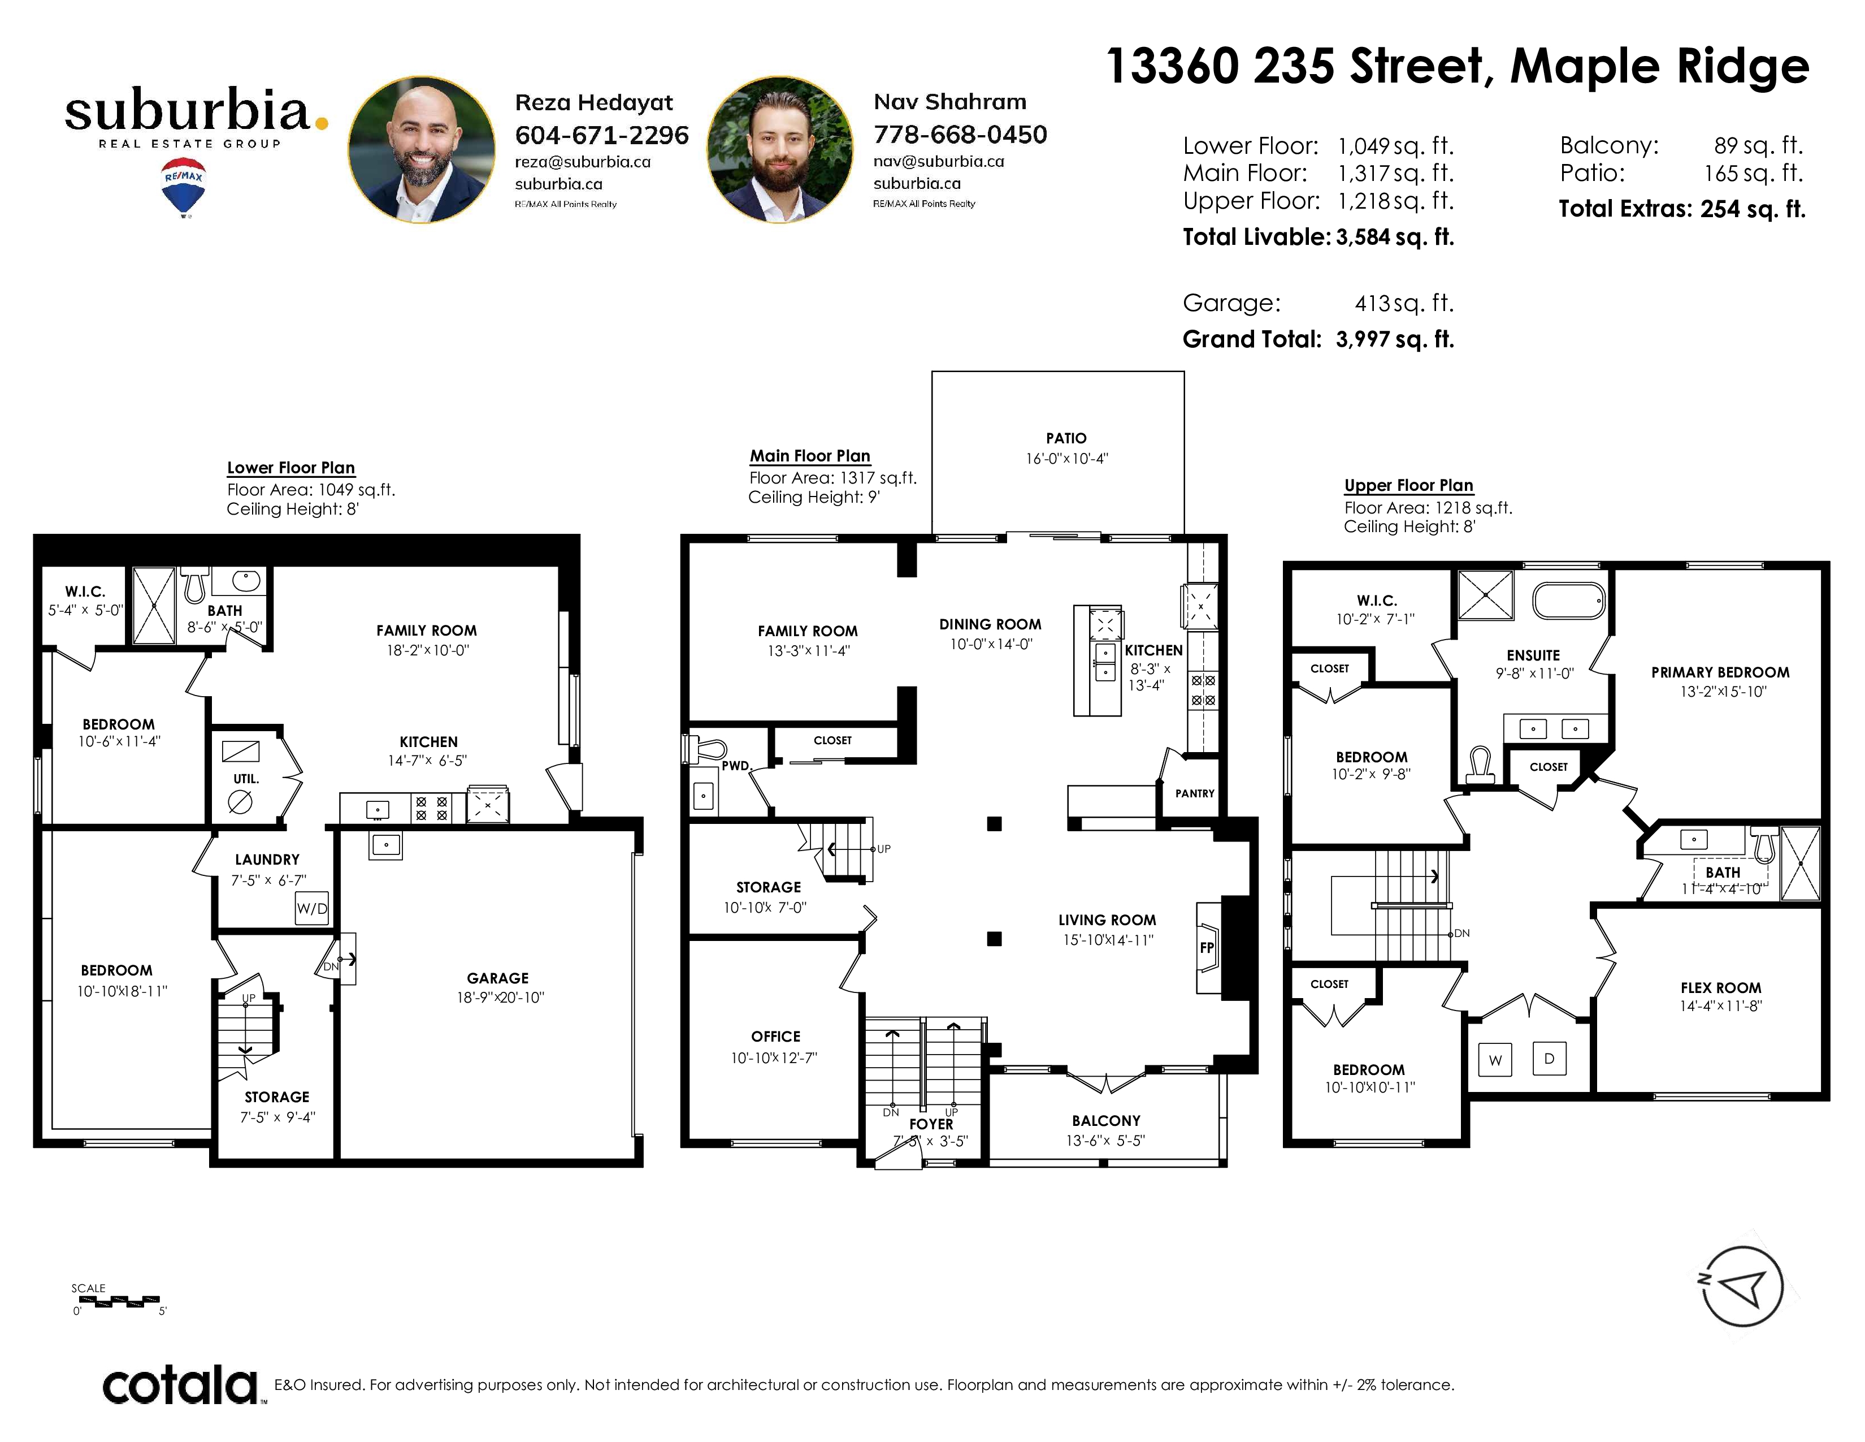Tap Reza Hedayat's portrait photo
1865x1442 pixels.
point(421,149)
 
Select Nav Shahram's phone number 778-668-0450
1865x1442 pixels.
point(960,134)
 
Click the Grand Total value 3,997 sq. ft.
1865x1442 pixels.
point(1394,339)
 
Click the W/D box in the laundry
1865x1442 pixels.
point(312,908)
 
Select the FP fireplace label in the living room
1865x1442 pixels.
point(1207,947)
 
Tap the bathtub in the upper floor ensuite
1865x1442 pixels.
point(1569,601)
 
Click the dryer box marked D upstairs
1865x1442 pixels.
point(1549,1059)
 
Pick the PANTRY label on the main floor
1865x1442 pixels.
point(1195,793)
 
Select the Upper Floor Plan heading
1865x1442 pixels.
point(1408,485)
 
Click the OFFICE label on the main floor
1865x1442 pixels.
point(775,1036)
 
